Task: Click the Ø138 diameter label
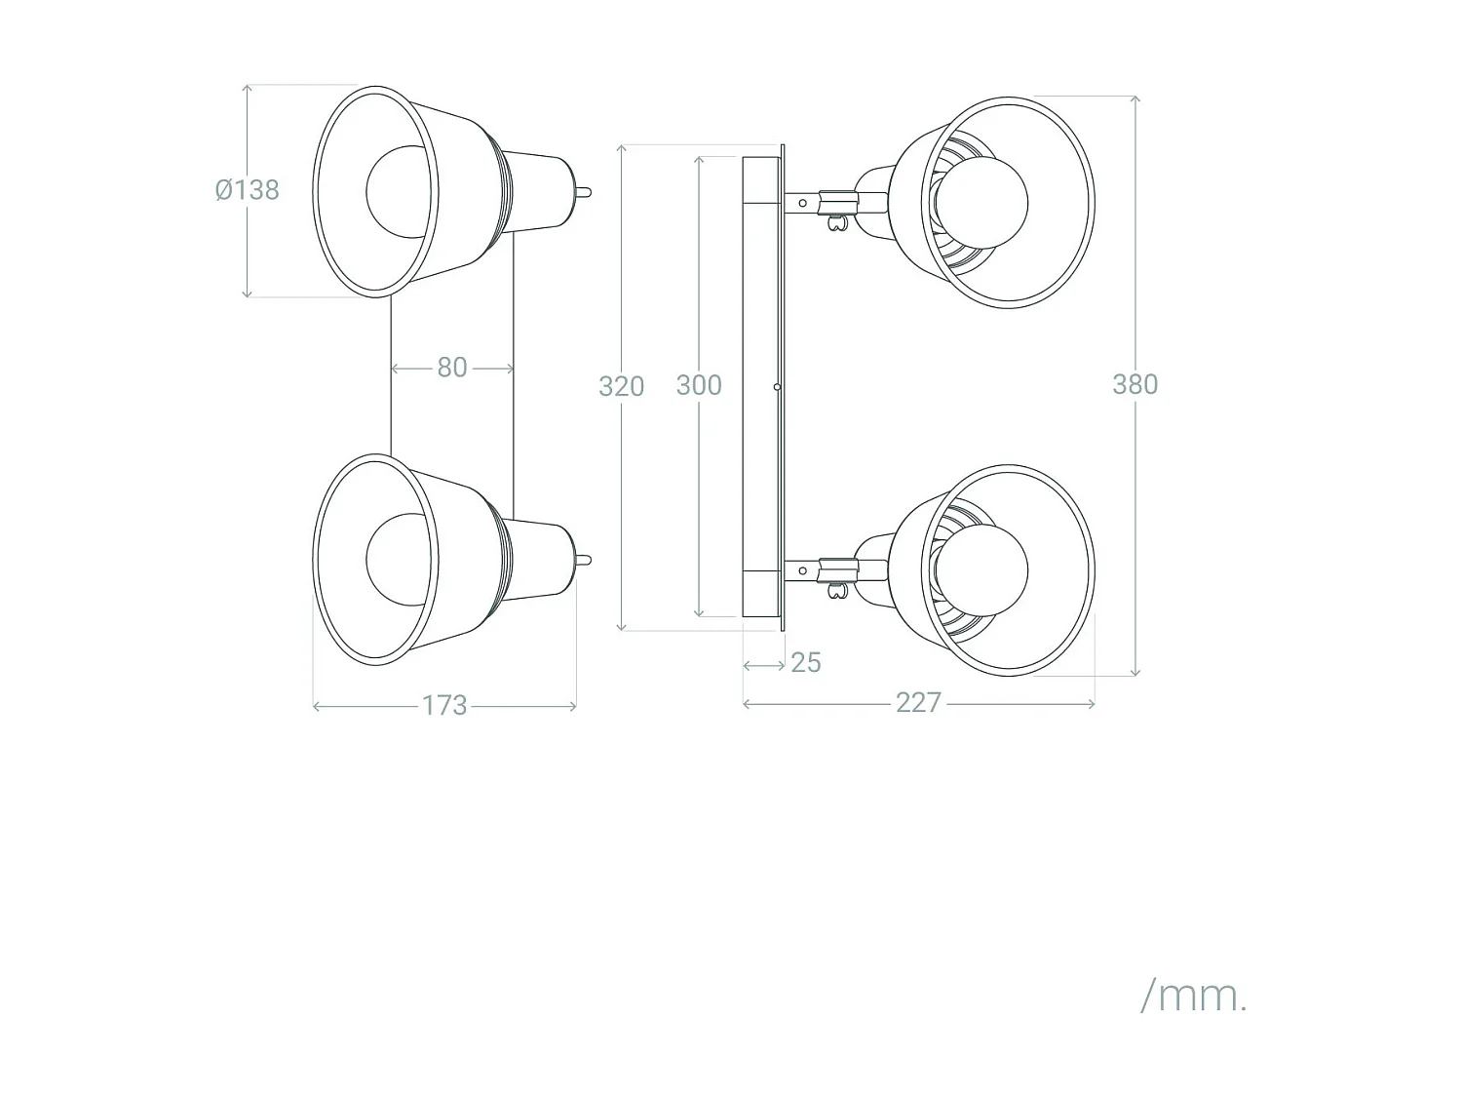pos(248,189)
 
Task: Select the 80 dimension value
pos(451,368)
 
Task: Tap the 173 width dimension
pos(444,705)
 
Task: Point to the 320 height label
pos(621,386)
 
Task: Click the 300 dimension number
pos(699,385)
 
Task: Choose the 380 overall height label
pos(1135,384)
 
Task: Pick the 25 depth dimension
pos(806,663)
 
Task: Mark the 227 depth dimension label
pos(918,702)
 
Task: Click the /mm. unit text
pos(1193,996)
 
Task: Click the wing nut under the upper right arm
pos(834,224)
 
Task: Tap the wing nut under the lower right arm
pos(834,591)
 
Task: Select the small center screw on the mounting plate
pos(777,387)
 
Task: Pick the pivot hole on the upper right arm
pos(802,203)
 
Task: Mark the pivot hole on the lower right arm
pos(802,570)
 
